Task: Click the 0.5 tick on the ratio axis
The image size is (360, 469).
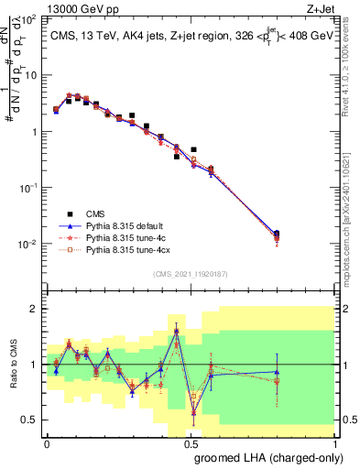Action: pyautogui.click(x=30, y=420)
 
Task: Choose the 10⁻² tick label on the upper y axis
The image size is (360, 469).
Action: pyautogui.click(x=29, y=245)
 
